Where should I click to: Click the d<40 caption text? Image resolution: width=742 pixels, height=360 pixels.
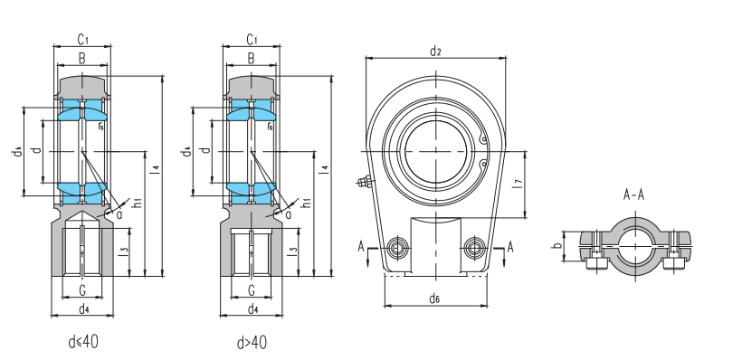click(x=83, y=342)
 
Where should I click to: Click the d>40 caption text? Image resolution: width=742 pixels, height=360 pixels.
click(x=252, y=343)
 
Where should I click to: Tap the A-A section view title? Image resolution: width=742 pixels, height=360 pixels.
click(x=633, y=194)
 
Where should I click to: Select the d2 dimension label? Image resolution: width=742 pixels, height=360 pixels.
click(x=435, y=52)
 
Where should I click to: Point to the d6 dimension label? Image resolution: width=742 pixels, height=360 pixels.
click(x=435, y=298)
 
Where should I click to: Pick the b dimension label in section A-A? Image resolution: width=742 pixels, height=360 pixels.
click(x=558, y=245)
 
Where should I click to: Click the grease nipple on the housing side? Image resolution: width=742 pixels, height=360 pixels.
click(x=364, y=181)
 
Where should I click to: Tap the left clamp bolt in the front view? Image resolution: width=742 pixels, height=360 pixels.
click(x=396, y=247)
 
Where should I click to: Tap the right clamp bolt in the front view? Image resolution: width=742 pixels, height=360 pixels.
click(x=474, y=247)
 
